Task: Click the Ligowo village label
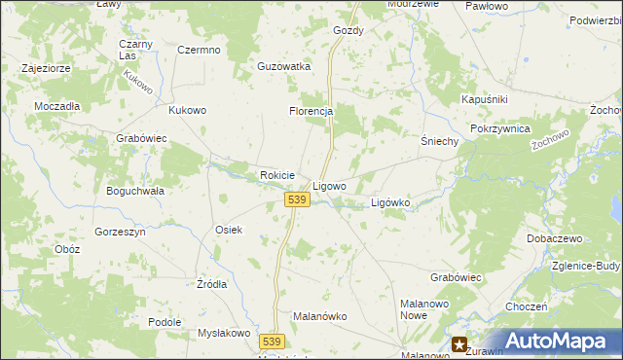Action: tap(329, 185)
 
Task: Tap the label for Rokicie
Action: tap(277, 175)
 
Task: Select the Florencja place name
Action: tap(311, 111)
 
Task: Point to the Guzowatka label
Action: tap(283, 66)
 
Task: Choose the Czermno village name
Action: tap(199, 50)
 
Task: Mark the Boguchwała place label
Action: tap(135, 191)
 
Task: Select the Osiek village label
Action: tap(228, 230)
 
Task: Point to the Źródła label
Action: tap(211, 284)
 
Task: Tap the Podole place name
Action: tap(165, 322)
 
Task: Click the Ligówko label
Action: tap(391, 202)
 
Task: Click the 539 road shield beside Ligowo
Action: tap(298, 199)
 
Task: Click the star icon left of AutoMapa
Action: tap(459, 343)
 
